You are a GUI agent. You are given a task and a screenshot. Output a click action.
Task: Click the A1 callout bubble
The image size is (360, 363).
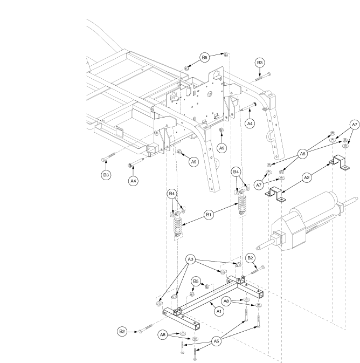(x=219, y=311)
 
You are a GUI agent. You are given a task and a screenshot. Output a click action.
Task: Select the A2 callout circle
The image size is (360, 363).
(x=307, y=177)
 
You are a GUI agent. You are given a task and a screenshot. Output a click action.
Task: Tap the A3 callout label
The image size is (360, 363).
(x=190, y=259)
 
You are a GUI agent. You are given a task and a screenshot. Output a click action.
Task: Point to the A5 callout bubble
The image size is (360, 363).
(x=216, y=341)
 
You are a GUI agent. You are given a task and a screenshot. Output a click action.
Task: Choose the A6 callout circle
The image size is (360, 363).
(x=303, y=154)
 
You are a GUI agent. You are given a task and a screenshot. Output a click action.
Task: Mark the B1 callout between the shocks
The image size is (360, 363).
(x=209, y=215)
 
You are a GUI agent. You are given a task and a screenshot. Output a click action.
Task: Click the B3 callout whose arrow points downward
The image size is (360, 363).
(x=260, y=63)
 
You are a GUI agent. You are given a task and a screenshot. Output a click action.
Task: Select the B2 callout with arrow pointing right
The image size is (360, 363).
(x=122, y=332)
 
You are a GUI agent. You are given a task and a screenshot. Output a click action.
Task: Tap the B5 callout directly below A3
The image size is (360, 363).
(x=196, y=281)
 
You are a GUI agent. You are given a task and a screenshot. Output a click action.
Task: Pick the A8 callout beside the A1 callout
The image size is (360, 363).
(x=226, y=301)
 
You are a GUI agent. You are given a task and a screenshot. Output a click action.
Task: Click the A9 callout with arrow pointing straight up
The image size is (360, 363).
(x=222, y=148)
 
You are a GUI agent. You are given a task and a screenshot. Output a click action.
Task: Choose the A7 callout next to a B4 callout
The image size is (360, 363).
(x=259, y=185)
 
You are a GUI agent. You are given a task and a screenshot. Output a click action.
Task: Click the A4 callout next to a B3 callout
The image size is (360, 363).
(x=133, y=181)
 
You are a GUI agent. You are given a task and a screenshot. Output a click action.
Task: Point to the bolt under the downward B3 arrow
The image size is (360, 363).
(x=262, y=77)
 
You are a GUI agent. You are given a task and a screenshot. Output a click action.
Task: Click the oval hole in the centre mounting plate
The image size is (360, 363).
(x=210, y=94)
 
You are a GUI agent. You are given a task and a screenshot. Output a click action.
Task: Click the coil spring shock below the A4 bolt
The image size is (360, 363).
(x=242, y=202)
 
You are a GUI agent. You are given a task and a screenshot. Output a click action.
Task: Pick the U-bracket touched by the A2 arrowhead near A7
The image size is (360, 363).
(x=339, y=163)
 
